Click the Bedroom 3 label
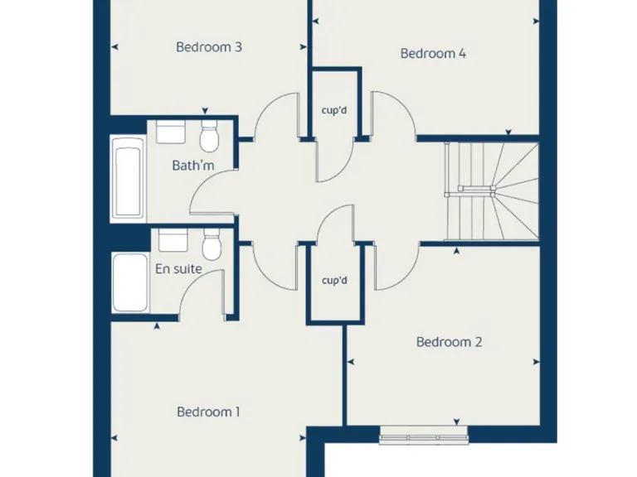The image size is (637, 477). tap(208, 47)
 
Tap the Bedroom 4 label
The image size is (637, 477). tap(432, 54)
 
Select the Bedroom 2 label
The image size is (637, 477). tap(449, 342)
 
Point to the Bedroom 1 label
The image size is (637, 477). tap(208, 412)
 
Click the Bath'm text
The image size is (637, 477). tap(192, 166)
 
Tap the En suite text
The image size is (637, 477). tap(178, 269)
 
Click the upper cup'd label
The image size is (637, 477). tap(334, 108)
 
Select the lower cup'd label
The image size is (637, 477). tap(334, 281)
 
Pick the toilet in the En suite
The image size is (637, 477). tap(212, 244)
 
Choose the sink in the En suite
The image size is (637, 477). tap(173, 240)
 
